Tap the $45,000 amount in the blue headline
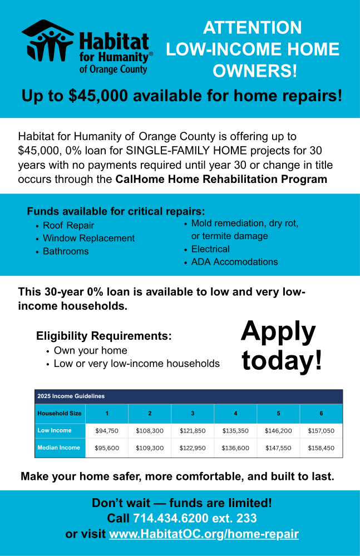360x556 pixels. click(x=98, y=96)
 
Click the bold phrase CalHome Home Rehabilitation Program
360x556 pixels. click(x=221, y=180)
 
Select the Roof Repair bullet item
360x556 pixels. click(x=68, y=226)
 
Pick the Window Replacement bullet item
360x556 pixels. click(x=88, y=239)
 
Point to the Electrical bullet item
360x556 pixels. click(x=210, y=249)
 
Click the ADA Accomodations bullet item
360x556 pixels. click(x=234, y=262)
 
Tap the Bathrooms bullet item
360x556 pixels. click(x=66, y=251)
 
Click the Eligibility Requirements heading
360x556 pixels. click(x=103, y=336)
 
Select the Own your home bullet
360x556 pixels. click(x=90, y=351)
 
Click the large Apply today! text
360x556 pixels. click(x=281, y=345)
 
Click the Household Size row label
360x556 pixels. click(x=60, y=414)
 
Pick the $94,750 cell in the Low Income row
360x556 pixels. click(x=107, y=431)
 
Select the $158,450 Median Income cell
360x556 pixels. click(x=321, y=448)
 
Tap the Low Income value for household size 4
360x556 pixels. click(x=235, y=431)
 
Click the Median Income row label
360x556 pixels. click(x=58, y=448)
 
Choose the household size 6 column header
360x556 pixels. click(x=321, y=414)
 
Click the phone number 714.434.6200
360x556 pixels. click(x=171, y=519)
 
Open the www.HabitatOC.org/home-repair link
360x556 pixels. click(x=204, y=534)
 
